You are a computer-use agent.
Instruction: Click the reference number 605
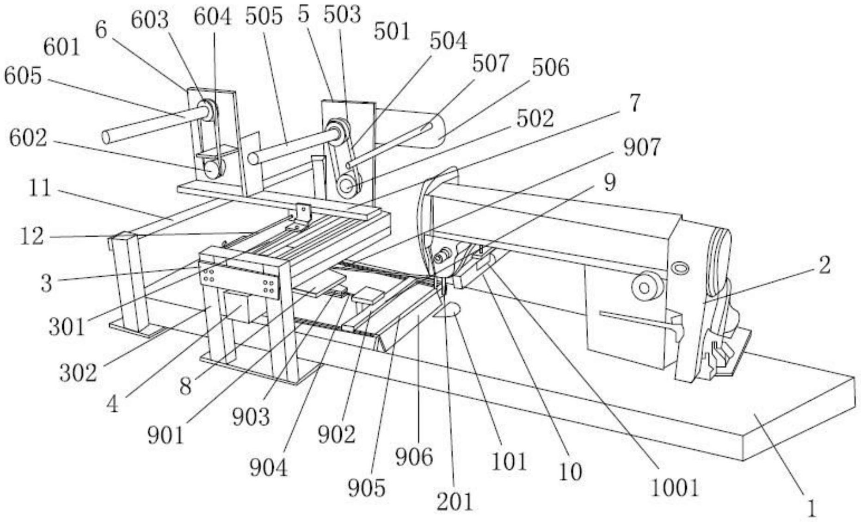[23, 76]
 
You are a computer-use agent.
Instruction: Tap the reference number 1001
[675, 487]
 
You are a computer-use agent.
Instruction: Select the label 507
[490, 63]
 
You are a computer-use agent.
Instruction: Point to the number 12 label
[32, 236]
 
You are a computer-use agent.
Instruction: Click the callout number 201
[455, 501]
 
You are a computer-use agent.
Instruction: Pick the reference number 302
[78, 373]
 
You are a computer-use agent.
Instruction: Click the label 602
[28, 138]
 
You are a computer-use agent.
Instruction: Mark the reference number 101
[508, 461]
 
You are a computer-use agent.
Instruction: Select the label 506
[550, 68]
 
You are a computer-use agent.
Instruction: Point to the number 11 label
[40, 189]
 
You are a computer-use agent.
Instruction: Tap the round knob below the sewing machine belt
[645, 287]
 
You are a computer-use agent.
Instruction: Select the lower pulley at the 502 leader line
[345, 186]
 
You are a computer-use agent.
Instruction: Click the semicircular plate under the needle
[446, 310]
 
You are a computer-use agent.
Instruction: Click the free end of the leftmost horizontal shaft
[107, 137]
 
